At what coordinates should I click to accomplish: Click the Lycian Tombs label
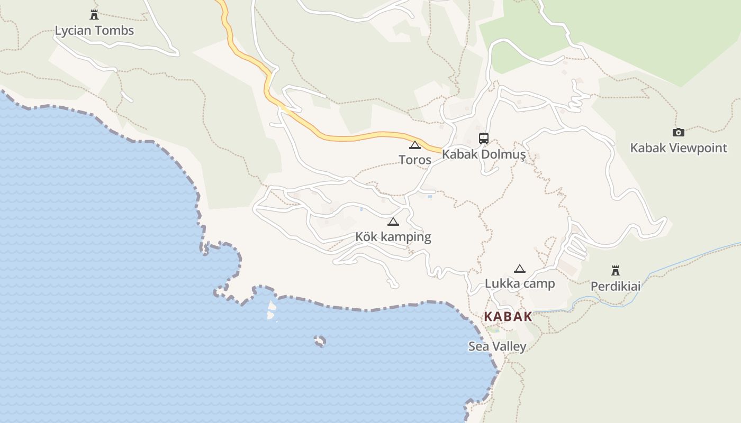(94, 31)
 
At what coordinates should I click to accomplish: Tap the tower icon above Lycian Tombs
(94, 14)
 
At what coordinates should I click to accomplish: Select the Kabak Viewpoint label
(679, 148)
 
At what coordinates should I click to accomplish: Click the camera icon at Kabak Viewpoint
(678, 132)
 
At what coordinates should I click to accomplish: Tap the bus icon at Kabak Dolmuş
(484, 139)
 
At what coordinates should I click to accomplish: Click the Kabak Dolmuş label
(484, 154)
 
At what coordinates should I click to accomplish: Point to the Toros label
(415, 160)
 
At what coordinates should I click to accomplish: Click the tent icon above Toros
(415, 145)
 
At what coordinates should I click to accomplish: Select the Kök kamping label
(393, 237)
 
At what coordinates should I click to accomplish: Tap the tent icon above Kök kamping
(393, 222)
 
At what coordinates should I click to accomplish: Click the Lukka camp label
(520, 283)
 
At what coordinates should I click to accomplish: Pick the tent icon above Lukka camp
(520, 269)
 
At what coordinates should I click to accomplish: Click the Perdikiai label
(616, 286)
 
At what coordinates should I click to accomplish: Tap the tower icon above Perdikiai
(616, 271)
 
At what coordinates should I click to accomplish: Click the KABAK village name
(508, 317)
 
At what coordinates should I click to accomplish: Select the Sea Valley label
(498, 346)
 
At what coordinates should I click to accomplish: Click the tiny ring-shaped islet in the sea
(319, 341)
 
